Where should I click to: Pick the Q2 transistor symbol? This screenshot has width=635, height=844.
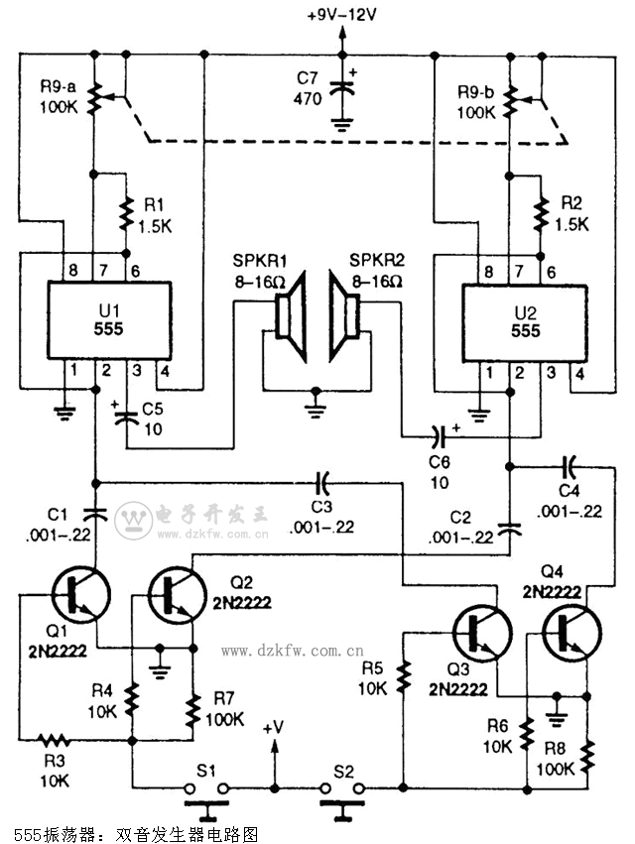point(174,594)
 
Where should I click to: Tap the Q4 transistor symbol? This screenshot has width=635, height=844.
point(570,632)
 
